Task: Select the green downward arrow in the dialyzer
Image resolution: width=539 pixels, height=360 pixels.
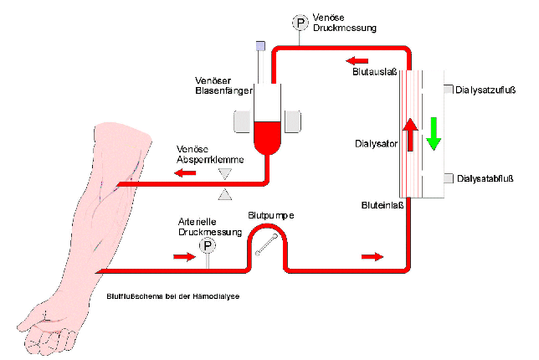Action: point(433,133)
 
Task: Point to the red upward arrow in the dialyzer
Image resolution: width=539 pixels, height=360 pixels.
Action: point(409,134)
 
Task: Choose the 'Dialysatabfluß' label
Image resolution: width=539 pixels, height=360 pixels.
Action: point(488,177)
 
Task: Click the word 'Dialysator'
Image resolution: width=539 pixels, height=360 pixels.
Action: point(374,143)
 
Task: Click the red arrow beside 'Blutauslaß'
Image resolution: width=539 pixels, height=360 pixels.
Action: point(357,60)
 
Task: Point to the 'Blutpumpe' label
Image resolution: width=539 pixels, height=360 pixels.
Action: point(271,215)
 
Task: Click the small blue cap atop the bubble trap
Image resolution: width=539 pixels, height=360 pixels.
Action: point(260,45)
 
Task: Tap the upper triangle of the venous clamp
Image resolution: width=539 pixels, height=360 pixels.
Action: point(224,173)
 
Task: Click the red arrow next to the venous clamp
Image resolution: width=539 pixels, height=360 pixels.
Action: point(186,173)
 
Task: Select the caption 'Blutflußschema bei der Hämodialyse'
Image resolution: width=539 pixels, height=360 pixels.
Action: point(174,296)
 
